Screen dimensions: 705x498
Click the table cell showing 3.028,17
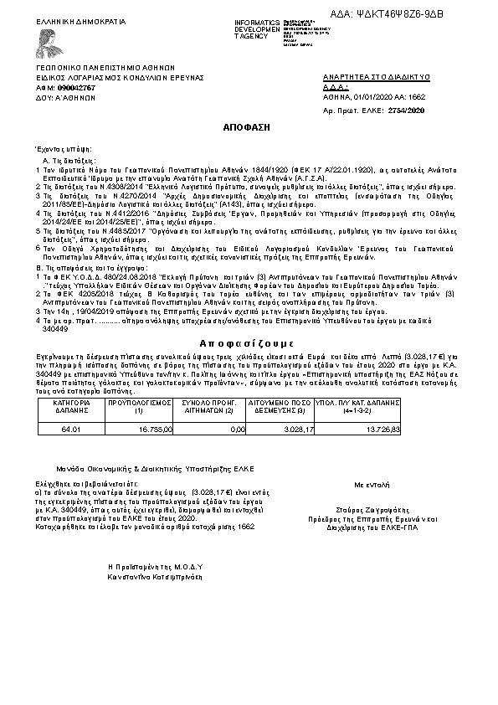[300, 429]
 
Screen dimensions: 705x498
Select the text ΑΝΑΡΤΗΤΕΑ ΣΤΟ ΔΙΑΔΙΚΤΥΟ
[376, 77]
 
